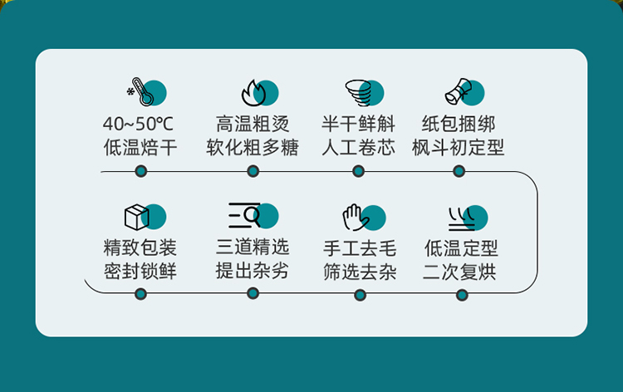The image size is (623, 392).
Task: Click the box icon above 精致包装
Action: [x=137, y=217]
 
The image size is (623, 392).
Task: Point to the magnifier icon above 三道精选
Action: [x=246, y=216]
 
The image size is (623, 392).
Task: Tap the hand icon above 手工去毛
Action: [x=355, y=217]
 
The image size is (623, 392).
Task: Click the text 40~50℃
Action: [x=139, y=125]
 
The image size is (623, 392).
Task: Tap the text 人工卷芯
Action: [x=358, y=149]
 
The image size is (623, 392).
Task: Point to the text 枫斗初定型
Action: [x=459, y=149]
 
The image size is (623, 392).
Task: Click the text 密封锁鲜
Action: [x=140, y=272]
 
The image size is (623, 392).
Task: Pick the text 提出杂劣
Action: [x=252, y=271]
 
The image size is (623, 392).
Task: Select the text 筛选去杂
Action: [x=360, y=272]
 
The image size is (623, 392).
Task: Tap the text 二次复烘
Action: [x=459, y=272]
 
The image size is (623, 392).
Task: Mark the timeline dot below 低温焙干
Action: [x=140, y=171]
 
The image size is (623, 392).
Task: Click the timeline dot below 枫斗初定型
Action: [x=459, y=171]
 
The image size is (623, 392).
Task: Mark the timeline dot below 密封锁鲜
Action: [x=140, y=293]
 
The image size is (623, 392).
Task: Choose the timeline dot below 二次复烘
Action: [x=462, y=294]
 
